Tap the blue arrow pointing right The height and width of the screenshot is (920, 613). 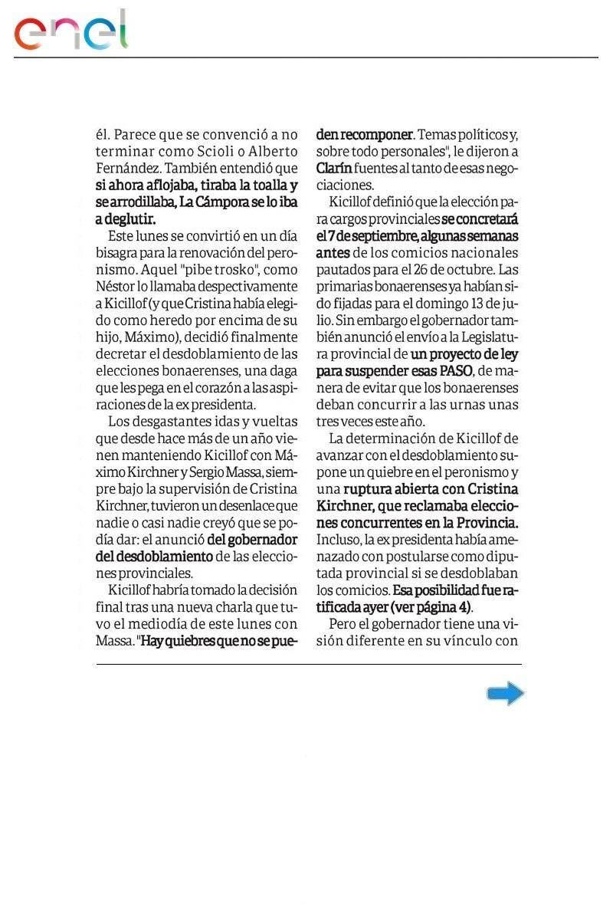pos(505,695)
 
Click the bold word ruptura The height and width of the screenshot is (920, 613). pos(372,489)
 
